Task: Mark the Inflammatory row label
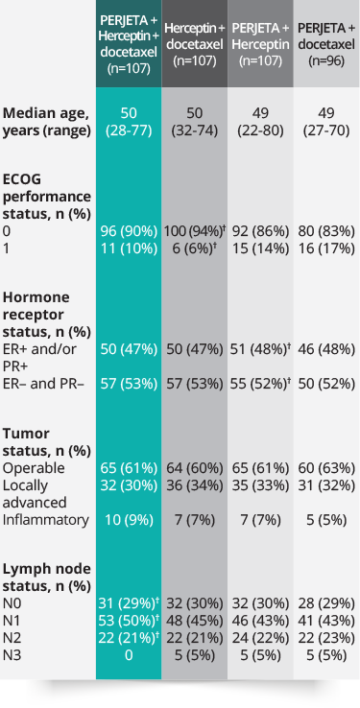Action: point(46,519)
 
